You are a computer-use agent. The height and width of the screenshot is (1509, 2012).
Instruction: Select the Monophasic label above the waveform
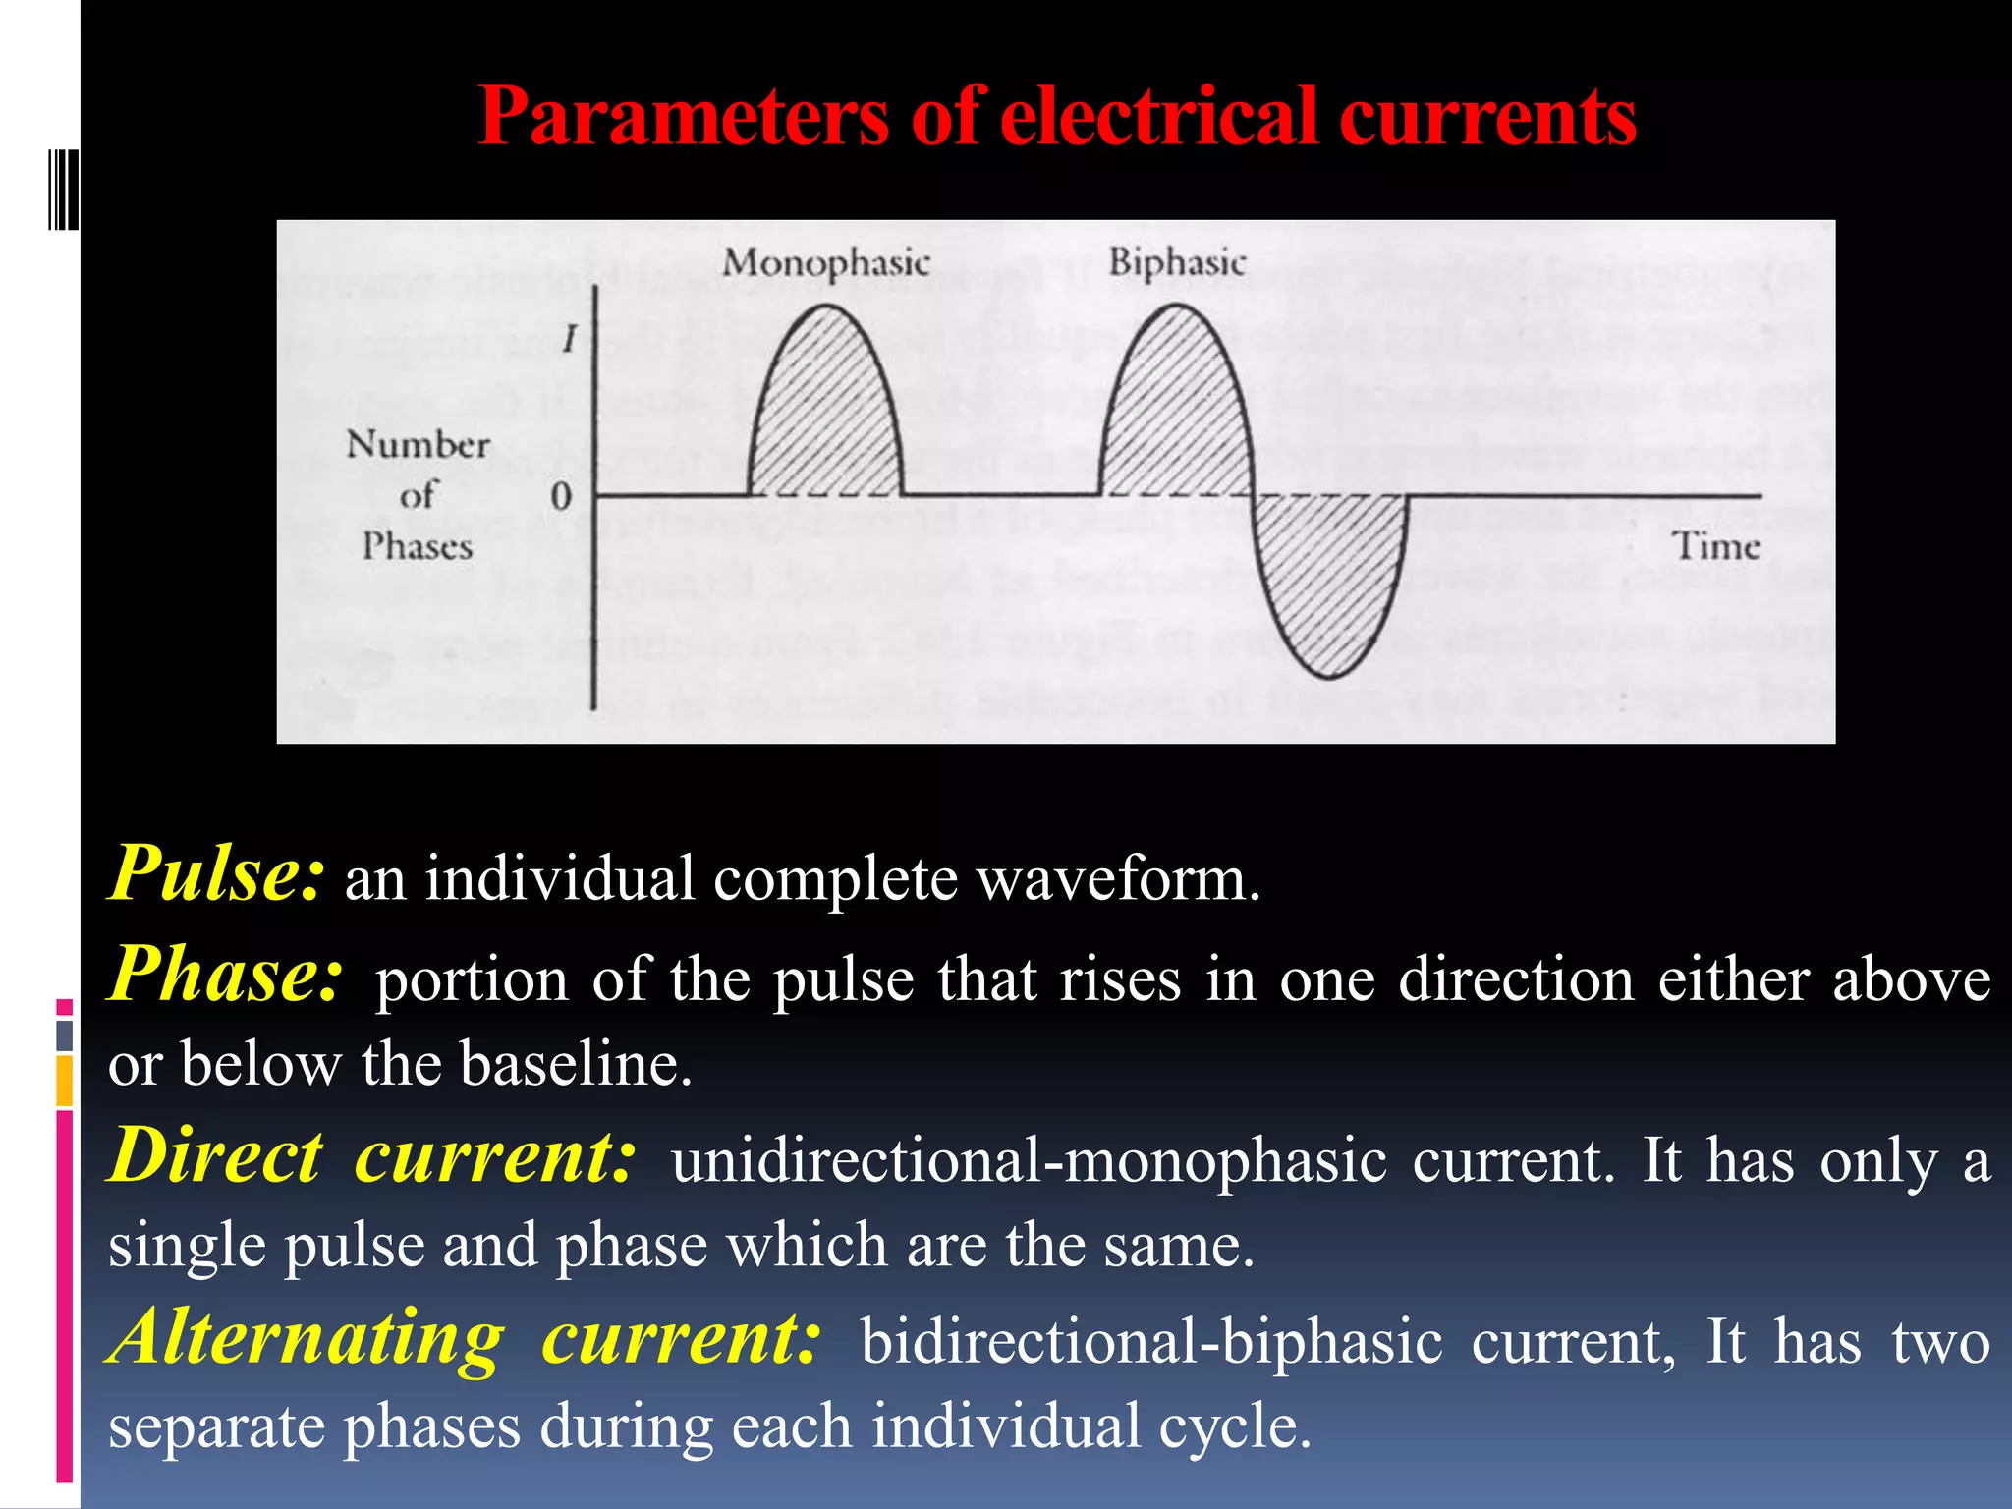pos(825,263)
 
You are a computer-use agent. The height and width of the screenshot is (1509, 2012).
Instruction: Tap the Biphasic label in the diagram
pos(1177,263)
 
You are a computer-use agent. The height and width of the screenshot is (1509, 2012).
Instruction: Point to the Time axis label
pos(1715,546)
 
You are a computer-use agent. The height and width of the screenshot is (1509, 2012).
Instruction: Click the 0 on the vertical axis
pos(561,496)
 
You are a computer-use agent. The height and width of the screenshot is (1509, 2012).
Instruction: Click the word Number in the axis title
pos(418,445)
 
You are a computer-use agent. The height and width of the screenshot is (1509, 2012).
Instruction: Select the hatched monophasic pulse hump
pos(825,413)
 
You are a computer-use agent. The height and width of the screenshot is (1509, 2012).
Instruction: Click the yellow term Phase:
pos(226,976)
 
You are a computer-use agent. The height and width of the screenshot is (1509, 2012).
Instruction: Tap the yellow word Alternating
pos(307,1338)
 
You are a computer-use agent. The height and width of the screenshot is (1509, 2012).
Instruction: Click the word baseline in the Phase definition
pos(576,1063)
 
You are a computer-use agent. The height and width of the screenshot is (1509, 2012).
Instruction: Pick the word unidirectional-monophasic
pos(1029,1160)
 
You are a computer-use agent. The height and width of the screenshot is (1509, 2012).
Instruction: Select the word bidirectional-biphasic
pos(1151,1342)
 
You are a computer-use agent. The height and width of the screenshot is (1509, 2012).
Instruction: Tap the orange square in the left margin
pos(65,1081)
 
